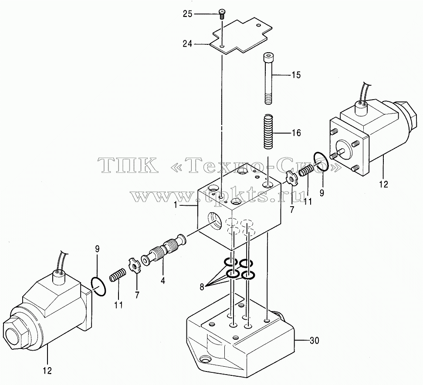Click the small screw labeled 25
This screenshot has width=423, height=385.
pos(221,14)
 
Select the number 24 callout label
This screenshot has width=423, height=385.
pos(187,43)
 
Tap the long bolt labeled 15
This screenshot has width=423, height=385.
pos(268,78)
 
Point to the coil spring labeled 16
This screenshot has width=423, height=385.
pos(268,131)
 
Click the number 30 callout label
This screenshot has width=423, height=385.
pos(314,341)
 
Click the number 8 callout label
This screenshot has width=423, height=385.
pos(202,288)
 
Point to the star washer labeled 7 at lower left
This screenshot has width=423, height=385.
pos(134,265)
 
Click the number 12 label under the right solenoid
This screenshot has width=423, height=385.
pos(383,184)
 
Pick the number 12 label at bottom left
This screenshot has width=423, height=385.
pos(47,371)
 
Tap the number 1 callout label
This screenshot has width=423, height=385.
pos(176,205)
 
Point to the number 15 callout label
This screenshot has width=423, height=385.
pos(296,75)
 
